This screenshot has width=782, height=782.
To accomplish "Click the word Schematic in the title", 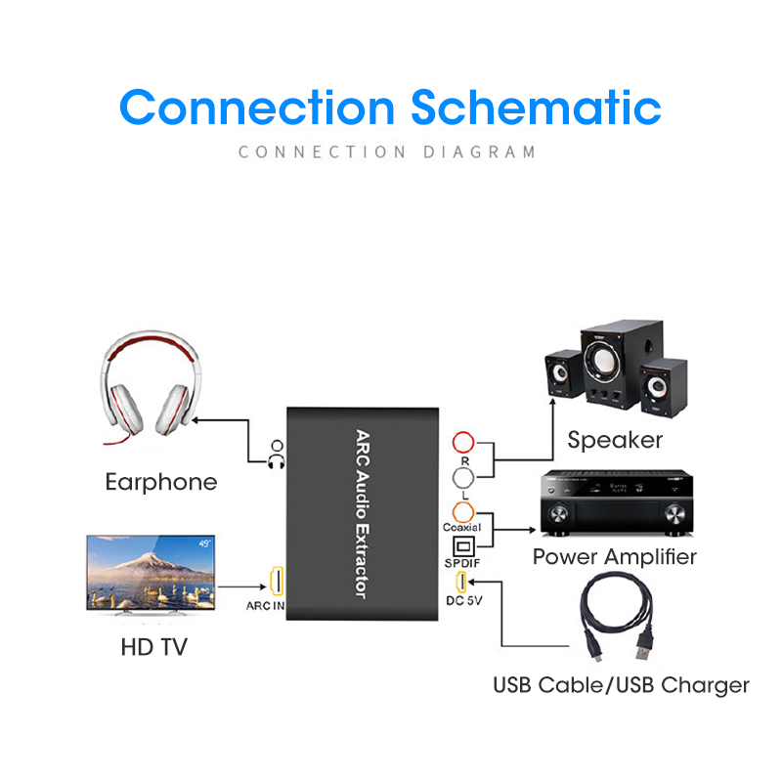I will click(536, 108).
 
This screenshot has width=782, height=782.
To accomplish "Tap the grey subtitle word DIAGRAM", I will click(480, 152).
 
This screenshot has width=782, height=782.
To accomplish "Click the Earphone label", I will click(161, 482).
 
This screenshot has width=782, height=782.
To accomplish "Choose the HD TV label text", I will click(153, 647).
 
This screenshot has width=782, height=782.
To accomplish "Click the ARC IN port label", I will click(266, 606).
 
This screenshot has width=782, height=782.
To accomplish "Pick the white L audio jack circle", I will click(463, 477).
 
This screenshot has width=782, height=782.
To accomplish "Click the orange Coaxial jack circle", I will click(463, 511).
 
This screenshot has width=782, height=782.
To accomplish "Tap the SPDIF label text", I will click(463, 564).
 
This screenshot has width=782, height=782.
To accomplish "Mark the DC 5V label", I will click(464, 600).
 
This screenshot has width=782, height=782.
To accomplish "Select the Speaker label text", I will click(615, 440).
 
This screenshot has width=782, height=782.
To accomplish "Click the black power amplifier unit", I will click(616, 503).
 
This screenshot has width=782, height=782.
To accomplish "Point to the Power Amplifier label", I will click(615, 557).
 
